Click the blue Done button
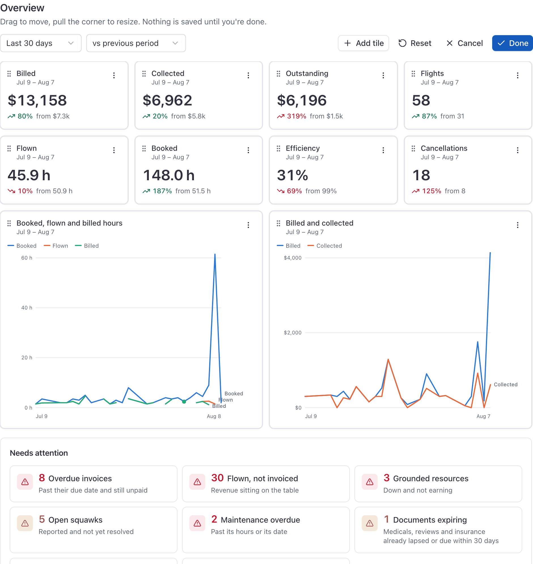pyautogui.click(x=512, y=43)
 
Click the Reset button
pyautogui.click(x=415, y=43)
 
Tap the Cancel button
pyautogui.click(x=464, y=43)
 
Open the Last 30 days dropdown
pyautogui.click(x=41, y=43)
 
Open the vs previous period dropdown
pyautogui.click(x=136, y=43)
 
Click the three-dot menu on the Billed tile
pyautogui.click(x=114, y=75)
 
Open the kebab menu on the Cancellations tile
pyautogui.click(x=518, y=150)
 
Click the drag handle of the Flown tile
pyautogui.click(x=9, y=148)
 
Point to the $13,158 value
pyautogui.click(x=37, y=100)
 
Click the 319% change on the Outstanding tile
pyautogui.click(x=297, y=116)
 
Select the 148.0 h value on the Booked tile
pyautogui.click(x=169, y=175)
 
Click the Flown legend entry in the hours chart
pyautogui.click(x=56, y=246)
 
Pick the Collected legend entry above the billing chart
pyautogui.click(x=325, y=246)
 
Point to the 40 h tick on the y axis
pyautogui.click(x=27, y=308)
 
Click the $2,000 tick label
pyautogui.click(x=293, y=332)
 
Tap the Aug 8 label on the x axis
pyautogui.click(x=214, y=416)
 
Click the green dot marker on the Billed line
pyautogui.click(x=184, y=402)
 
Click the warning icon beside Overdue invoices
pyautogui.click(x=25, y=482)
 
